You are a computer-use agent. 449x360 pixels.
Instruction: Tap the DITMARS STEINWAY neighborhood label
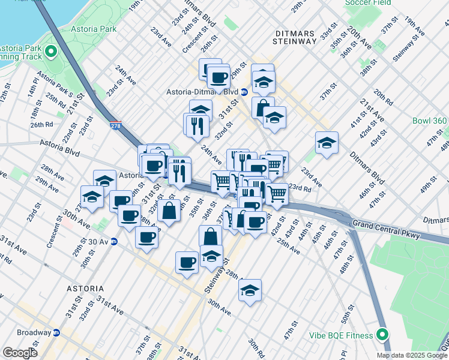(x=294, y=37)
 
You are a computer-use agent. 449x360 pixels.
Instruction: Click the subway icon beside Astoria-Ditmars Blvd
(x=244, y=92)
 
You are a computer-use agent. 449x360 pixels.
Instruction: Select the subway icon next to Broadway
(x=56, y=332)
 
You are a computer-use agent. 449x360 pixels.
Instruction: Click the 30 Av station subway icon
(x=113, y=241)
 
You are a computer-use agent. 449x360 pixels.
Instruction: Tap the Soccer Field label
(x=368, y=3)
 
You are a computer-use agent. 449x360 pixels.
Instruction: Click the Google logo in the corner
(x=20, y=353)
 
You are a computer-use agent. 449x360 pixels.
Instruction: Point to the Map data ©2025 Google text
(x=412, y=355)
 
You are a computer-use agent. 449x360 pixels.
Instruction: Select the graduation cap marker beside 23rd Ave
(x=326, y=143)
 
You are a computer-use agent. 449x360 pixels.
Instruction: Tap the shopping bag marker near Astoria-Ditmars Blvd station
(x=262, y=108)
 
